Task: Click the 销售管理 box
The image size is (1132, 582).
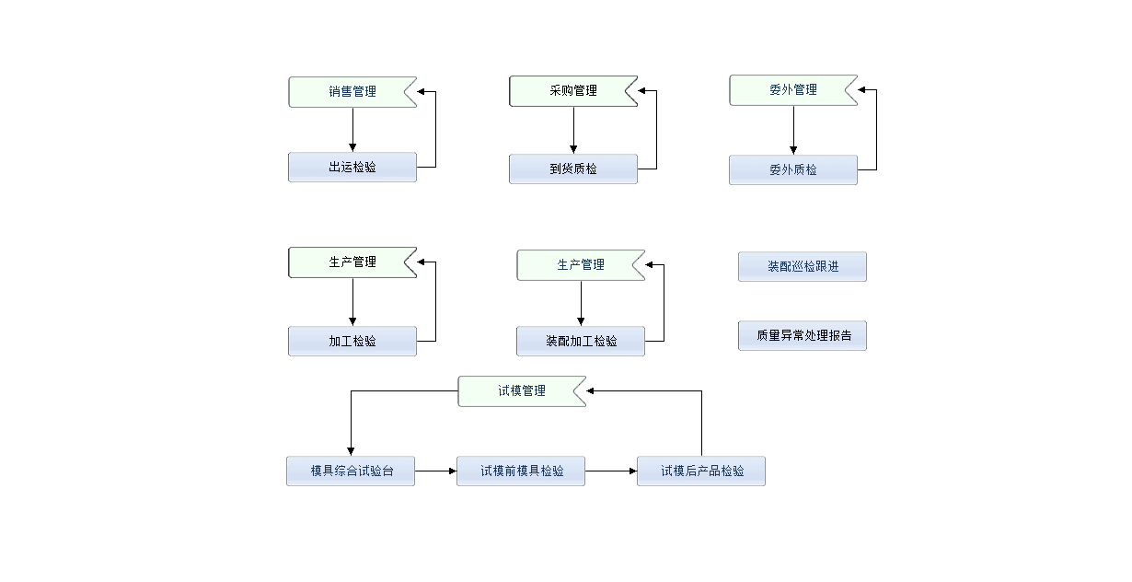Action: [352, 92]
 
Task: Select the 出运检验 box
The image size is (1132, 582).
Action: [352, 168]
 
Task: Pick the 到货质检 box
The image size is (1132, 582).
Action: [572, 169]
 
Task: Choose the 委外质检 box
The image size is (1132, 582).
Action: [792, 170]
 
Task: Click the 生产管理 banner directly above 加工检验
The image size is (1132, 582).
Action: [352, 262]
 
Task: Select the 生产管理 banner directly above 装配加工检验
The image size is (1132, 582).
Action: [580, 265]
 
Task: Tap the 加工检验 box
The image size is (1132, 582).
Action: [352, 341]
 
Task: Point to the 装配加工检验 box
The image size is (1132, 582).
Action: [580, 341]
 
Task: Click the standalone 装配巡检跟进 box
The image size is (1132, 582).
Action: [802, 267]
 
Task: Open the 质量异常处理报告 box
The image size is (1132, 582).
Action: [802, 336]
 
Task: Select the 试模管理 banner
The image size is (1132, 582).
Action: [521, 391]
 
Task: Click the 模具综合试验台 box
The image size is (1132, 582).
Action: [350, 471]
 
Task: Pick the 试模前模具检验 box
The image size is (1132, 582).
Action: [521, 471]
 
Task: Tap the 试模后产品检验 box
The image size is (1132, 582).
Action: [700, 471]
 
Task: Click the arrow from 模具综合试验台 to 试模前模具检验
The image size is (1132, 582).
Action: [435, 471]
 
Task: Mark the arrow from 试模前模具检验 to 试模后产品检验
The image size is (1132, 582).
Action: [611, 471]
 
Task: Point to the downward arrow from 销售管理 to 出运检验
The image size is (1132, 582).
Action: [352, 130]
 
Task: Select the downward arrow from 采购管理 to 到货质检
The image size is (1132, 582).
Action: [573, 130]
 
